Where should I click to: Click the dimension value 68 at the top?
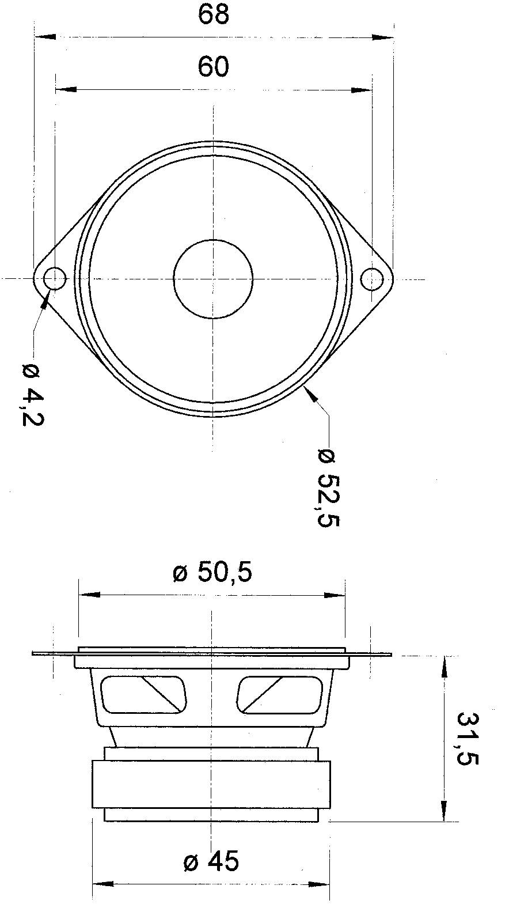pyautogui.click(x=214, y=14)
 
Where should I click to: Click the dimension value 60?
pyautogui.click(x=214, y=67)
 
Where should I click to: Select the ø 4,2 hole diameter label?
pyautogui.click(x=32, y=395)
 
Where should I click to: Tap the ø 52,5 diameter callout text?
pyautogui.click(x=329, y=487)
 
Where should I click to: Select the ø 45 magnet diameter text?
pyautogui.click(x=211, y=862)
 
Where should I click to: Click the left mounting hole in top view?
pyautogui.click(x=55, y=279)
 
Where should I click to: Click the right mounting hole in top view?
pyautogui.click(x=371, y=279)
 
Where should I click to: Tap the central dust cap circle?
pyautogui.click(x=213, y=279)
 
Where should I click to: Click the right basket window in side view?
pyautogui.click(x=279, y=694)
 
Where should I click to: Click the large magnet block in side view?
pyautogui.click(x=211, y=784)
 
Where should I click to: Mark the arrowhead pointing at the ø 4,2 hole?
pyautogui.click(x=45, y=299)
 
